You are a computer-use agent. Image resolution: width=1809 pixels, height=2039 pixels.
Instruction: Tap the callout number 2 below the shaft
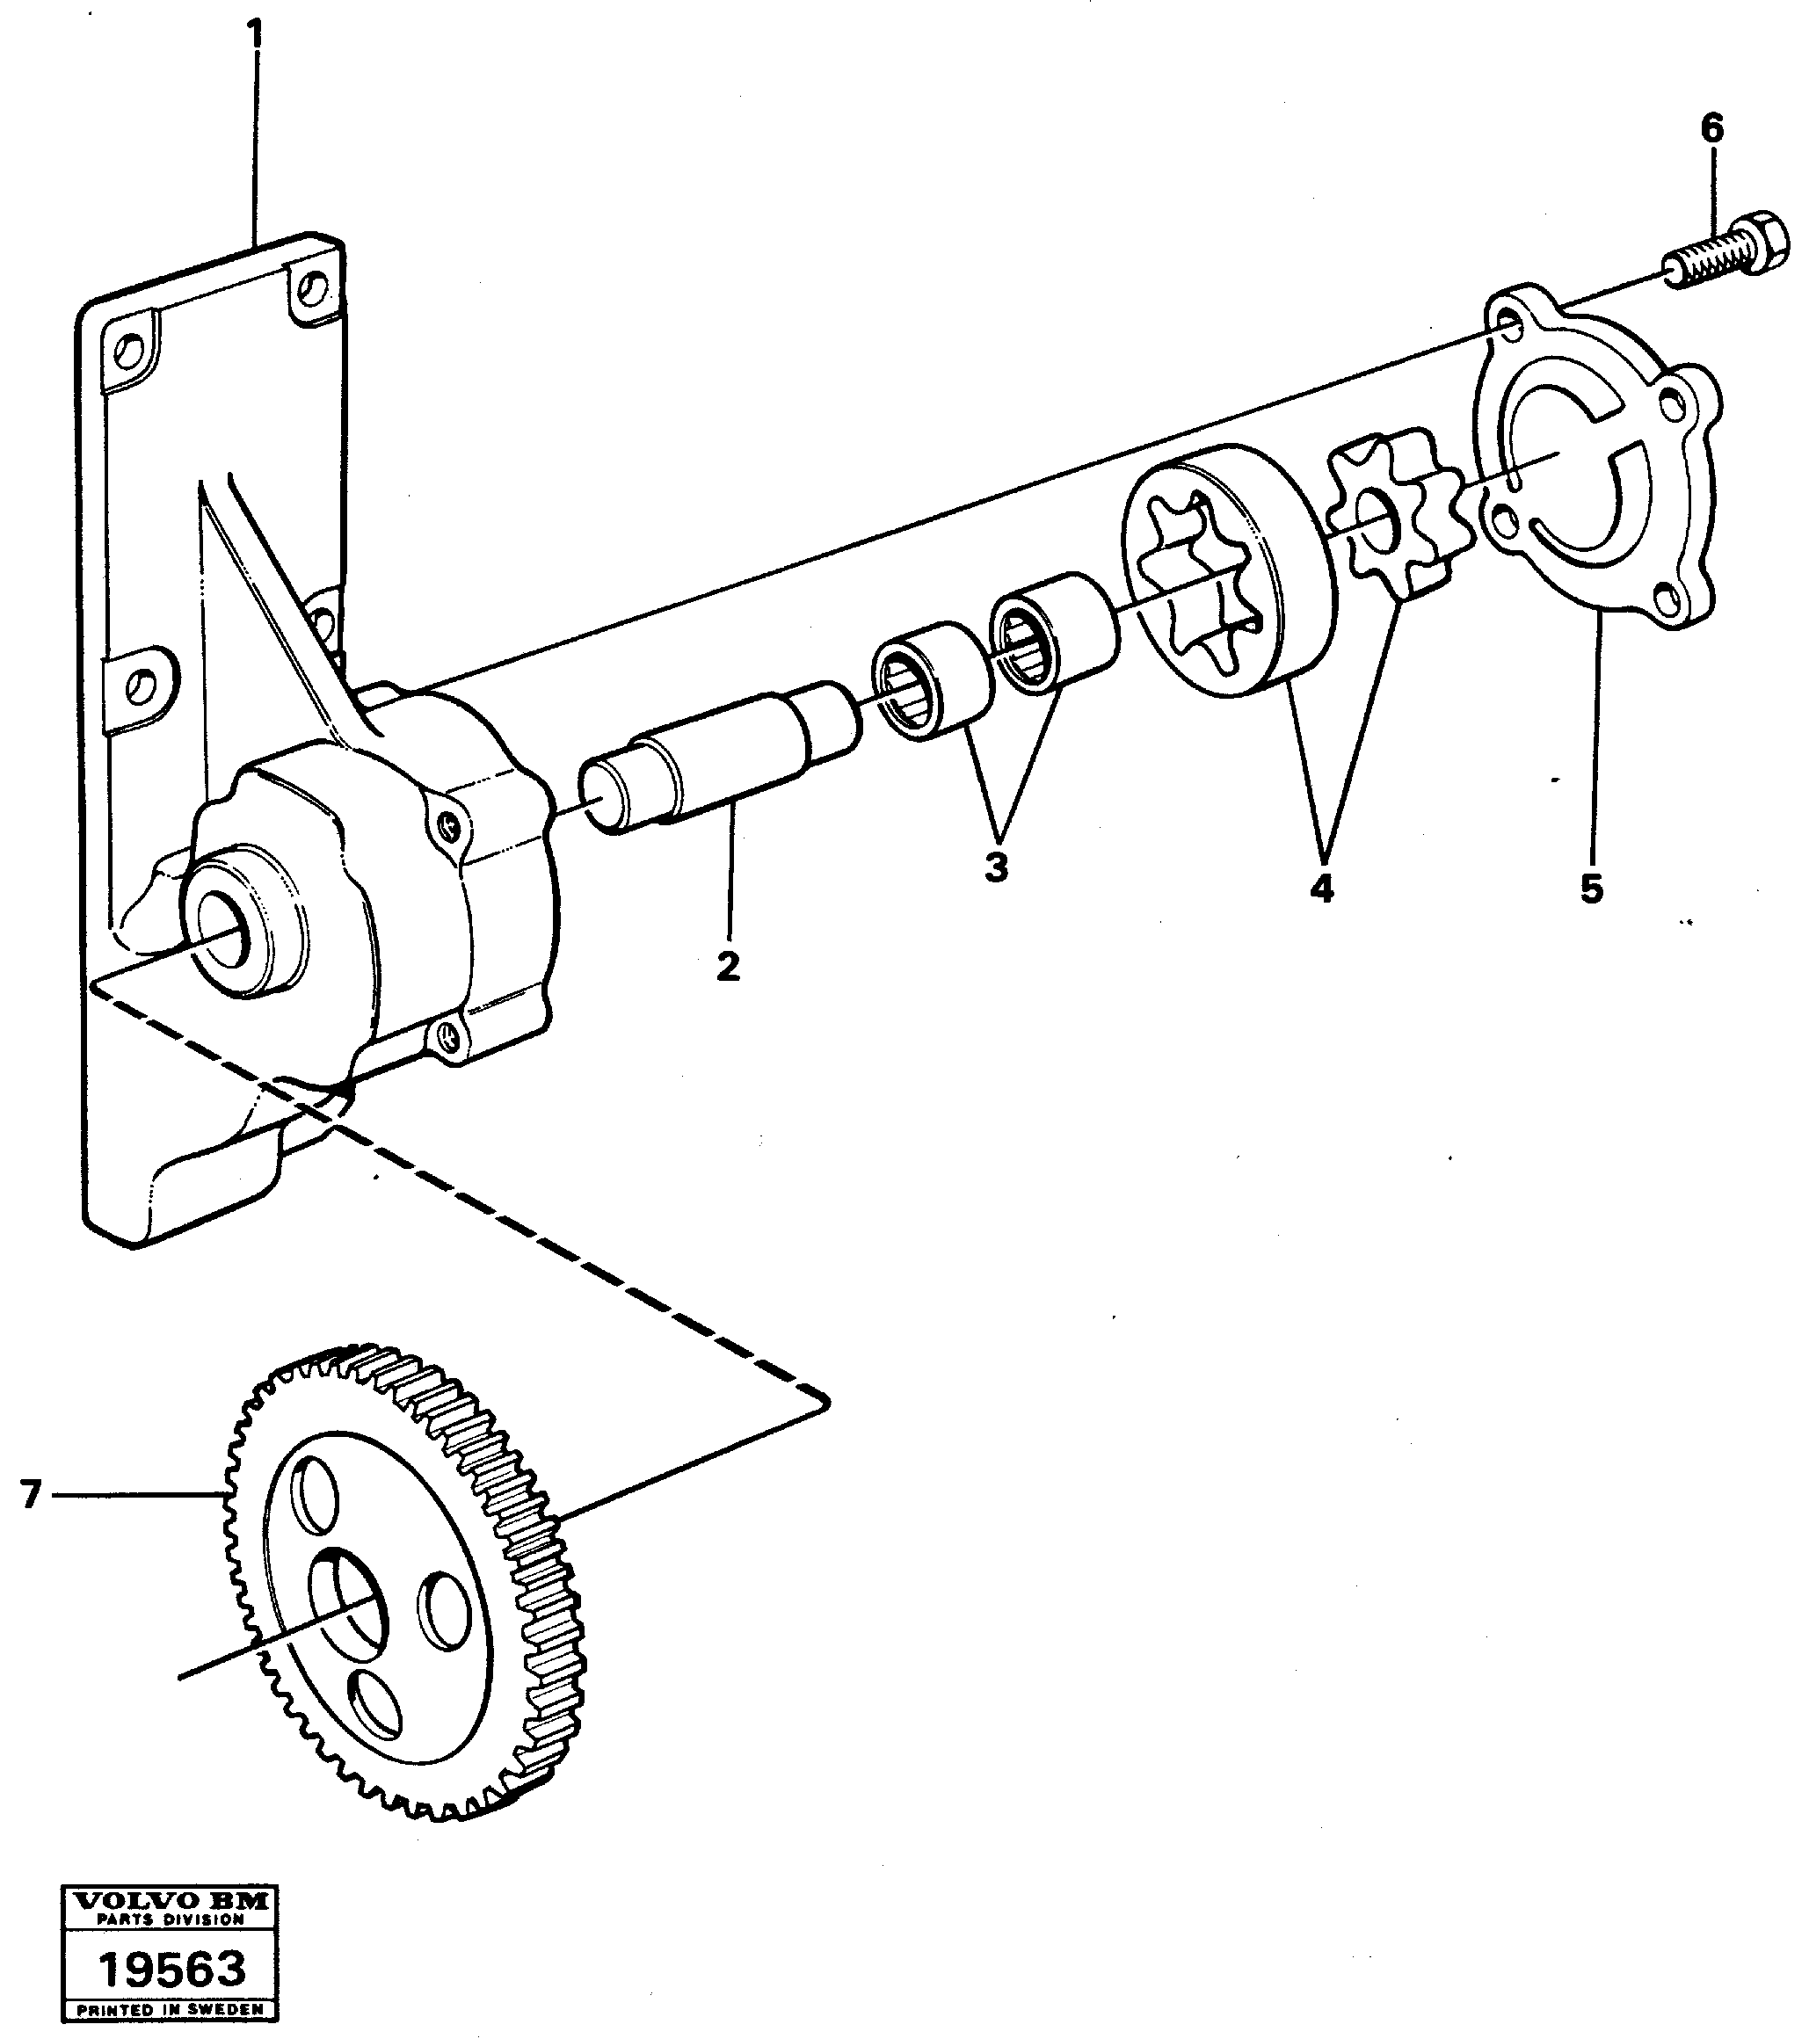point(729,966)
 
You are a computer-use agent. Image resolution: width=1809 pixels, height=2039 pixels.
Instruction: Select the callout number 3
point(996,866)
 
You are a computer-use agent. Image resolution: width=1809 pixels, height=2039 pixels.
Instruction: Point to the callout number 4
point(1321,886)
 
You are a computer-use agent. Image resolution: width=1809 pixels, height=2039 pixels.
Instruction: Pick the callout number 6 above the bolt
point(1711,127)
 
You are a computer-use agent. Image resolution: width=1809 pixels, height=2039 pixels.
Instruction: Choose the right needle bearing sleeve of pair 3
point(1053,631)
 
